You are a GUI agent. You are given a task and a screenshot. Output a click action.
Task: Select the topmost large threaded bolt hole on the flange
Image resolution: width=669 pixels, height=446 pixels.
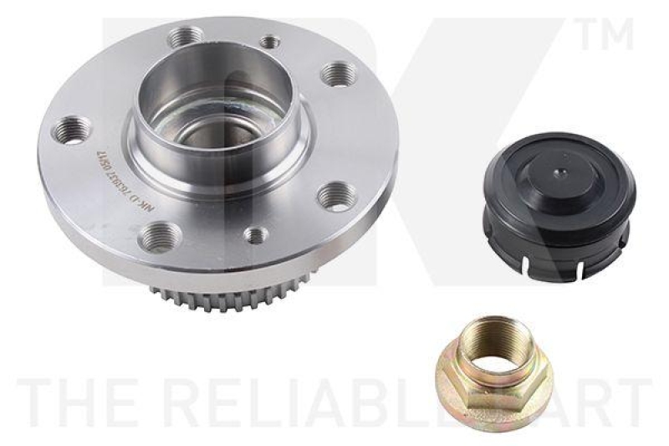(185, 38)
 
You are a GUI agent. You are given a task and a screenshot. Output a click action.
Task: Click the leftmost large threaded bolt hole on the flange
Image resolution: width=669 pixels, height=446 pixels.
(76, 131)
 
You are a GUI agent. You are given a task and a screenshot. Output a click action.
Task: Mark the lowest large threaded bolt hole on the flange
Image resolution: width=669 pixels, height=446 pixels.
(157, 238)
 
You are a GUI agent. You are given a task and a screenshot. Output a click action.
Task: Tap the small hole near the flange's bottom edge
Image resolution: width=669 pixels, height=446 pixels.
(256, 236)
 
